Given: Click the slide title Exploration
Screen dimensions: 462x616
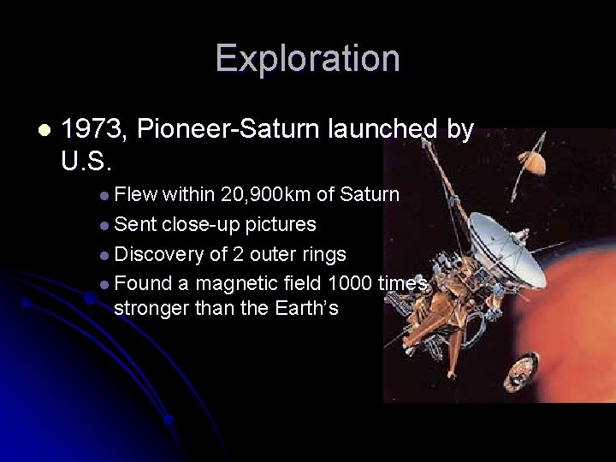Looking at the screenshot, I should (307, 58).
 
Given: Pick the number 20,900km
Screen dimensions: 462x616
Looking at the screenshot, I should (266, 195).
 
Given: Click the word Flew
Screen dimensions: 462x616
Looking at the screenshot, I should (135, 195).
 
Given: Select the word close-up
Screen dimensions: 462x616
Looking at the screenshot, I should (200, 224).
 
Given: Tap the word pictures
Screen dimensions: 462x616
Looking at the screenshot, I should (281, 224).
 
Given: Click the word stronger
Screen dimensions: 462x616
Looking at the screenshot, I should (151, 308).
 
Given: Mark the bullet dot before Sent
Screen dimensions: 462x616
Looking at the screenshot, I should (104, 225).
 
